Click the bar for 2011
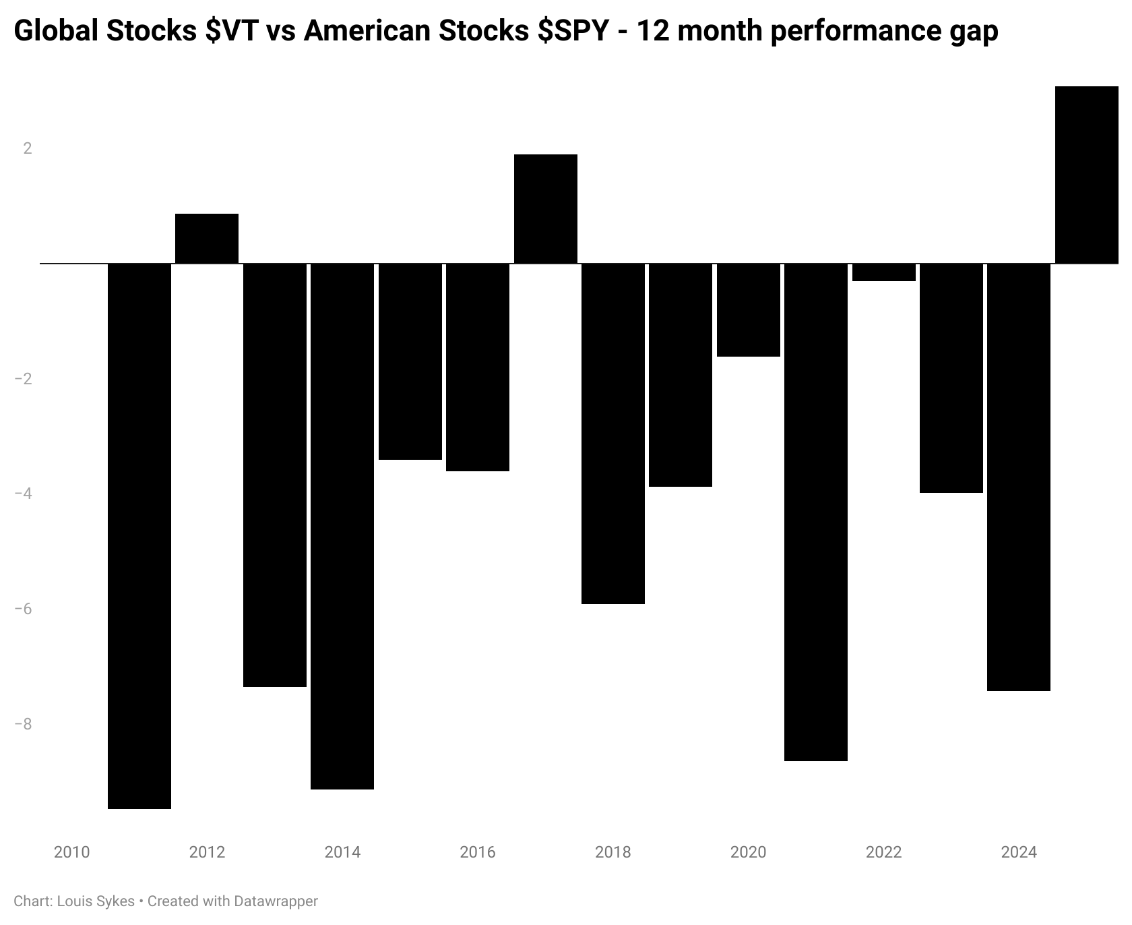(139, 535)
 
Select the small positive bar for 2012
(207, 238)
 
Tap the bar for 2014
(342, 526)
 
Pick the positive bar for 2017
(545, 208)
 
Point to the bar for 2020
(748, 309)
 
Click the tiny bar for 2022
(883, 272)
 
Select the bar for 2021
(816, 512)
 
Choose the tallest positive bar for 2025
(1086, 175)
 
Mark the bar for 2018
(612, 434)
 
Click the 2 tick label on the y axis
(28, 148)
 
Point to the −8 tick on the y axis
(24, 724)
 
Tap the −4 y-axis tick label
(24, 494)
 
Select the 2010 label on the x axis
(71, 852)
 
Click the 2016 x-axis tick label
(477, 852)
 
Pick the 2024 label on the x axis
(1019, 852)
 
